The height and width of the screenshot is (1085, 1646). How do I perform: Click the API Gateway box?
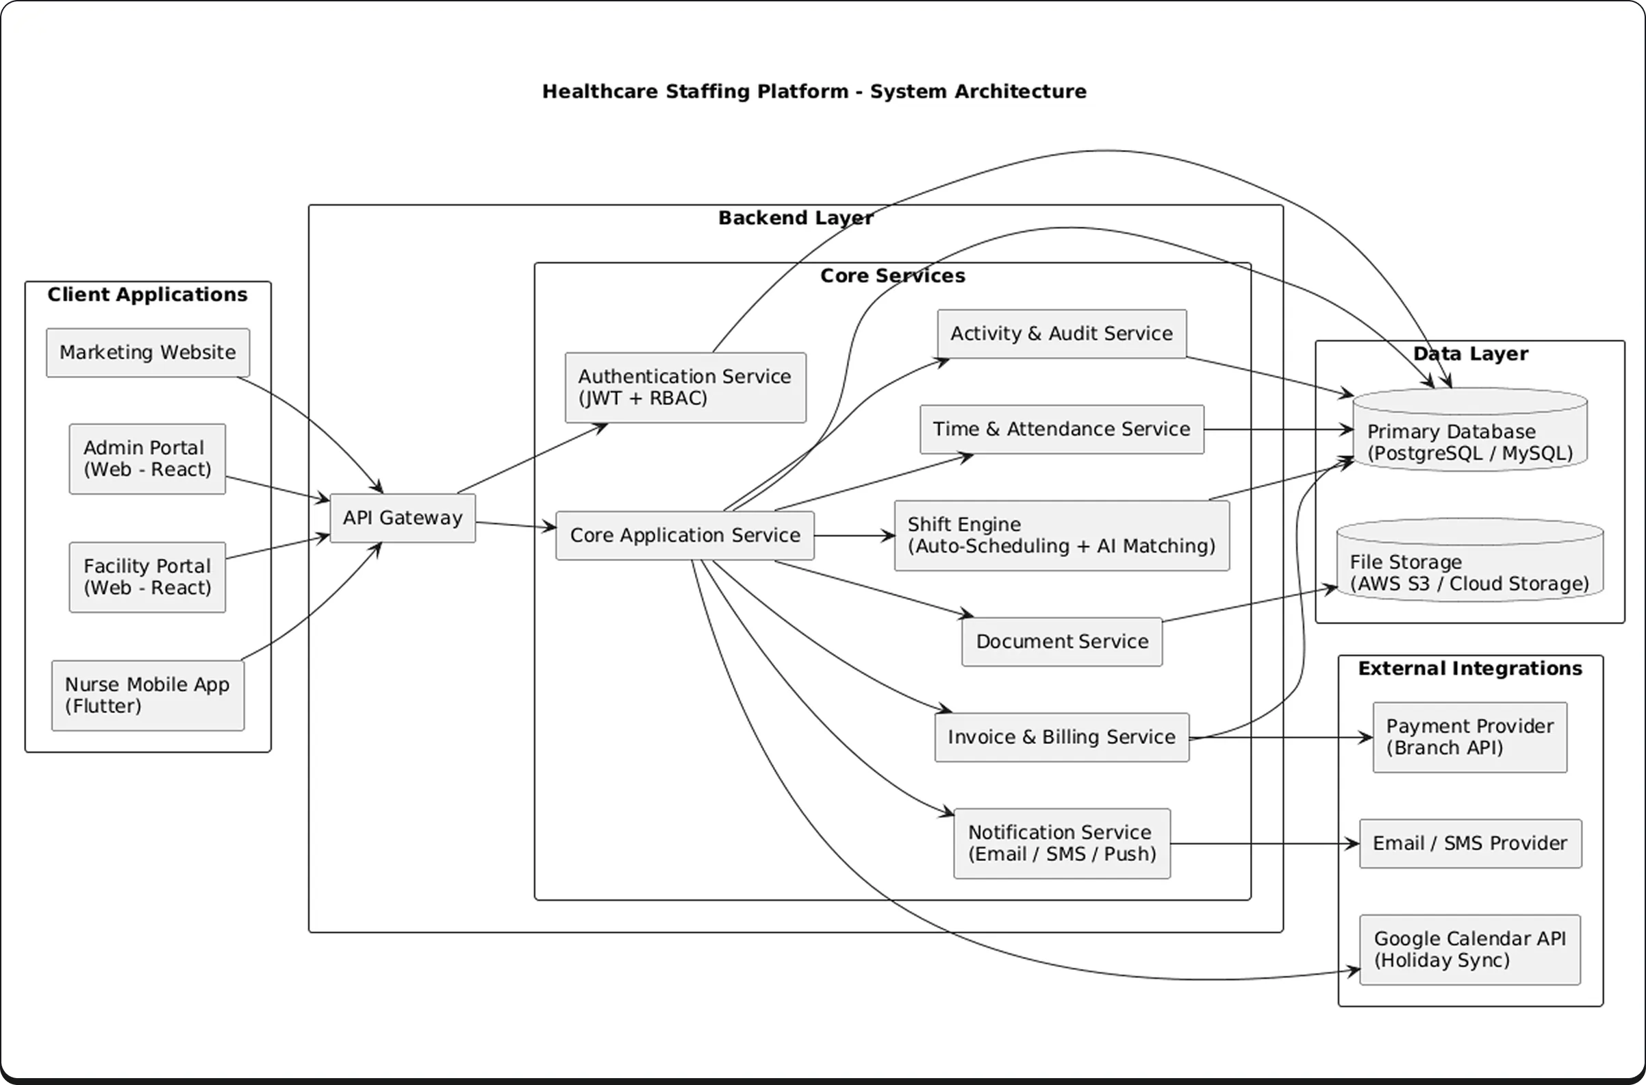[x=403, y=519]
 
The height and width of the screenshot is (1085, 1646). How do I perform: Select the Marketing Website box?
[x=147, y=353]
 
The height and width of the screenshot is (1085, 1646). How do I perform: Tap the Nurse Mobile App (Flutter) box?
[x=147, y=695]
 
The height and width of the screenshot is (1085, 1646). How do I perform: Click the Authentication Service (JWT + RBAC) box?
[x=685, y=388]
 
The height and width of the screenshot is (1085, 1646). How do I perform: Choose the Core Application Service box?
[x=685, y=536]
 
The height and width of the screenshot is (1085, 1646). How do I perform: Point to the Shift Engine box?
[x=1061, y=536]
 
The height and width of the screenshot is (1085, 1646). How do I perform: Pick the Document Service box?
[x=1061, y=641]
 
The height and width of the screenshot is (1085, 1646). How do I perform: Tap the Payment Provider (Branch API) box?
[x=1469, y=737]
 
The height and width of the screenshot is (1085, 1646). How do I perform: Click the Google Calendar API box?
[x=1469, y=949]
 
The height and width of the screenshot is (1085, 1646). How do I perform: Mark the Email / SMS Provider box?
[x=1469, y=843]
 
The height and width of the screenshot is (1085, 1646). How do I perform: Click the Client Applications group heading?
[x=147, y=295]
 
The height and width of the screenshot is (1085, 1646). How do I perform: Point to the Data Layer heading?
[x=1470, y=353]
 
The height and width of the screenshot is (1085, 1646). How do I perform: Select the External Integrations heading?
[x=1470, y=669]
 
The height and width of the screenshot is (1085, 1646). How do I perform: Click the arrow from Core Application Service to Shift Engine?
[x=854, y=536]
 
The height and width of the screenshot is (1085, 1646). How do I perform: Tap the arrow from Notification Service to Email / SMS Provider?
[x=1265, y=843]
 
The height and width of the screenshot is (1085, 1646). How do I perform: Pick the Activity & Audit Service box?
[x=1061, y=334]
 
